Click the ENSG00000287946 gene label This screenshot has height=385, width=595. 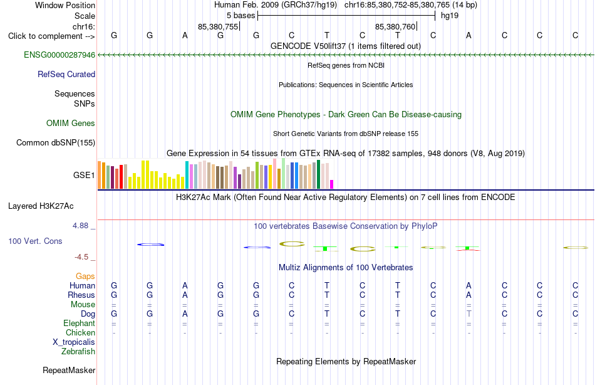tap(59, 55)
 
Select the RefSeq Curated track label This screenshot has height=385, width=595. tap(66, 74)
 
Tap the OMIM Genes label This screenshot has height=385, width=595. tap(70, 123)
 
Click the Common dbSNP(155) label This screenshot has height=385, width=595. tap(55, 142)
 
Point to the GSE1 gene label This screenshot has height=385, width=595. tap(84, 175)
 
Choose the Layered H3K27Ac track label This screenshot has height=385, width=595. tap(41, 206)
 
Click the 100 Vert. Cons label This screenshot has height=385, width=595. tap(35, 241)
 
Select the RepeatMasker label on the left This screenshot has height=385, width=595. tap(69, 370)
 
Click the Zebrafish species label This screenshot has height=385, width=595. tap(78, 352)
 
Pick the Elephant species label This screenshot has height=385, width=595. tap(79, 323)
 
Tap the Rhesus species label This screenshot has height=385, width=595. tap(81, 295)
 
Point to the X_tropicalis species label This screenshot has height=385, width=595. tap(74, 342)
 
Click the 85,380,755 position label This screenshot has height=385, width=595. tap(218, 26)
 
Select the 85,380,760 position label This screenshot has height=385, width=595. tap(395, 26)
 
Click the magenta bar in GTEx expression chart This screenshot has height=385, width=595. tap(331, 184)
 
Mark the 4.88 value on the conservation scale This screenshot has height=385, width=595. tap(80, 225)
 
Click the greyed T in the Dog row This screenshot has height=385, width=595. tap(469, 314)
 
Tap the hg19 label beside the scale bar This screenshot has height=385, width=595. tap(450, 16)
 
